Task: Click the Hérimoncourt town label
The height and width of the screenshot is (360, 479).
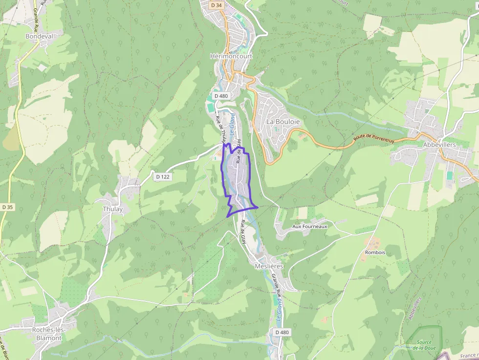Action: click(x=231, y=56)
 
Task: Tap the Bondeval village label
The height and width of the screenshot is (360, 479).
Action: click(x=39, y=36)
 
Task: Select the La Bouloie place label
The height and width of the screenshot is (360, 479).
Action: click(x=283, y=121)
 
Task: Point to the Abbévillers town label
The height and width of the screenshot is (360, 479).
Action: click(x=439, y=145)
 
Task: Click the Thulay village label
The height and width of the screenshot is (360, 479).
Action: click(x=113, y=209)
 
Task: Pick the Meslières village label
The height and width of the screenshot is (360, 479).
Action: click(x=269, y=266)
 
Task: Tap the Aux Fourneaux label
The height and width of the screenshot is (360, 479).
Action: click(x=309, y=227)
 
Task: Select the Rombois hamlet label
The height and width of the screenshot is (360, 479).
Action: click(x=375, y=253)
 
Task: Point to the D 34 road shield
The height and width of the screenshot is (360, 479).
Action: click(x=216, y=5)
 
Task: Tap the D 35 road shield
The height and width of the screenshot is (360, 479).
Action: click(x=7, y=207)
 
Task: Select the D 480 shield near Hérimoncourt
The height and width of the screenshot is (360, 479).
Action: click(x=221, y=96)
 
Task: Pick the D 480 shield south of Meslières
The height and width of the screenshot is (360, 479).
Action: click(x=282, y=333)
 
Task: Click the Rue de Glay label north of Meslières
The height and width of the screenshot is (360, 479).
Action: click(x=243, y=232)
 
